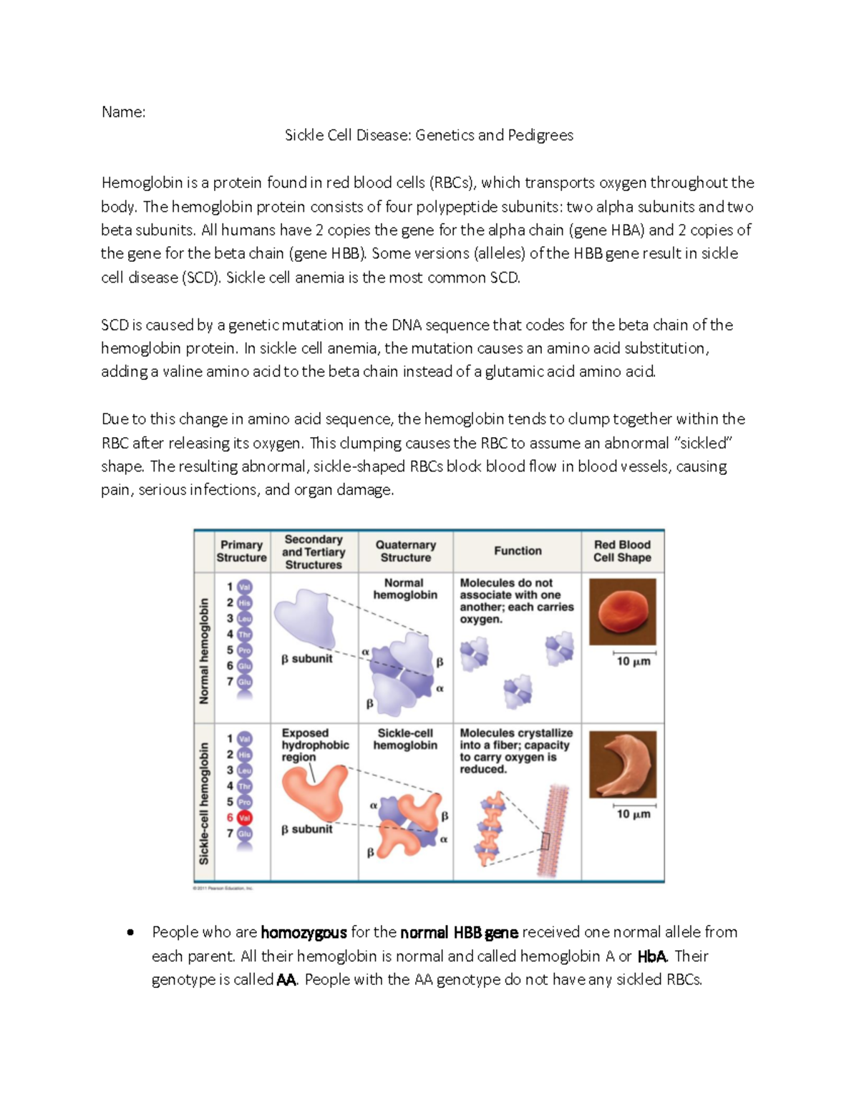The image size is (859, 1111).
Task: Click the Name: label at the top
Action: click(123, 112)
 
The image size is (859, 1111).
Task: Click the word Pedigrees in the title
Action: click(540, 135)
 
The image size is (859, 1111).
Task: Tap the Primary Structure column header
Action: click(241, 551)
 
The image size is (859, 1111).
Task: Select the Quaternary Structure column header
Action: click(405, 551)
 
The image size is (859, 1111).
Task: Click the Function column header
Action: click(518, 551)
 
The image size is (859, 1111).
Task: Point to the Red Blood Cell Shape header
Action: click(622, 551)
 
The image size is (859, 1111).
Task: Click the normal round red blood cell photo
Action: click(621, 612)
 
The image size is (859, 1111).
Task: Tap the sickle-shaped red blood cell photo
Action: click(621, 764)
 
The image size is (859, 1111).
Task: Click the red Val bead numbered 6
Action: click(245, 818)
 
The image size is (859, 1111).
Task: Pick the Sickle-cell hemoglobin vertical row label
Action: click(204, 803)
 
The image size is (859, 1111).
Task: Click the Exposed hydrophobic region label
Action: click(314, 745)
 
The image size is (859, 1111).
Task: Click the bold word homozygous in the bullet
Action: click(304, 932)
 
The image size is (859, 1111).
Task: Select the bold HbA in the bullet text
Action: click(651, 956)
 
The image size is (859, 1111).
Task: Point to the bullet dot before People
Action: click(130, 932)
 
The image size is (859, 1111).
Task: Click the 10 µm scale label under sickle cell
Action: click(634, 814)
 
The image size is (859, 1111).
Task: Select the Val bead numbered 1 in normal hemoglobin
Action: click(245, 587)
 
